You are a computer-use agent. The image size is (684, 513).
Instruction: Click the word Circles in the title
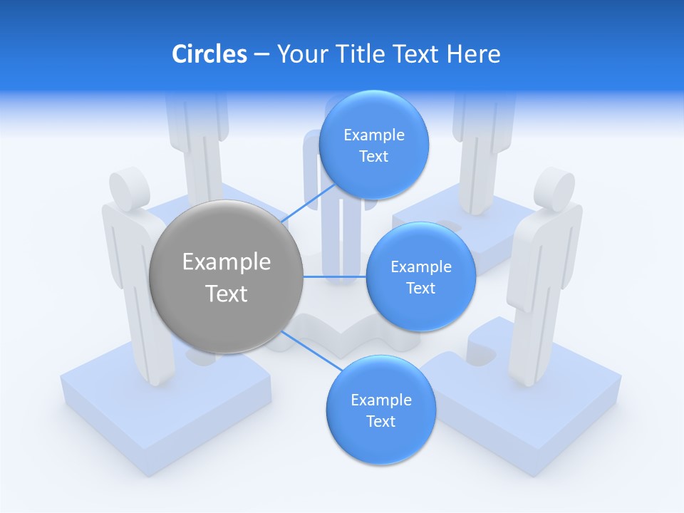tap(209, 54)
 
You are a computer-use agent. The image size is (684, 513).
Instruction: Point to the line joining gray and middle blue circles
tap(335, 276)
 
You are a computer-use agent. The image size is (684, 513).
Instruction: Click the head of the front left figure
tap(128, 186)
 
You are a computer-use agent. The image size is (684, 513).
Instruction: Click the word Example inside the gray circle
tap(227, 262)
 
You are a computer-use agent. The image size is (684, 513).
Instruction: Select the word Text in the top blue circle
tap(373, 157)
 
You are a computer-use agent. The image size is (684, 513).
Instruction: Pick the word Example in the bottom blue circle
tap(380, 400)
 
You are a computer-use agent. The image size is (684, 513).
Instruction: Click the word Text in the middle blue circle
tap(420, 288)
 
